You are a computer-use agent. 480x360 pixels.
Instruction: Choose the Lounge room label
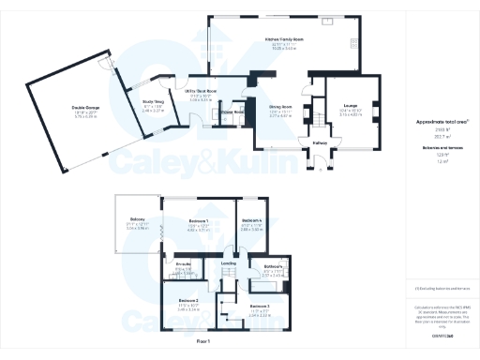point(350,105)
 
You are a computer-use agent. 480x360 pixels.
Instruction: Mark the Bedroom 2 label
point(187,300)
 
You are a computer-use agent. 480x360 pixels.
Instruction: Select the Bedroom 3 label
point(260,307)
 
